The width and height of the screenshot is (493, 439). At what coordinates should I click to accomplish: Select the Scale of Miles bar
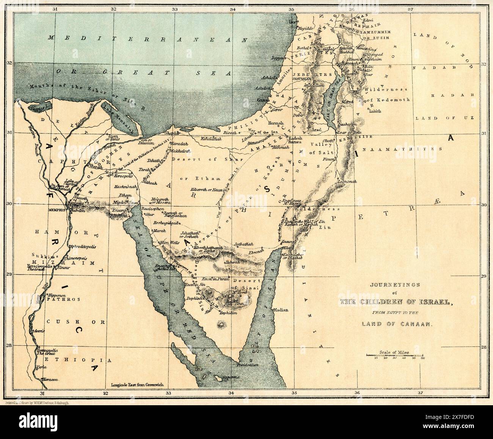395,355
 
